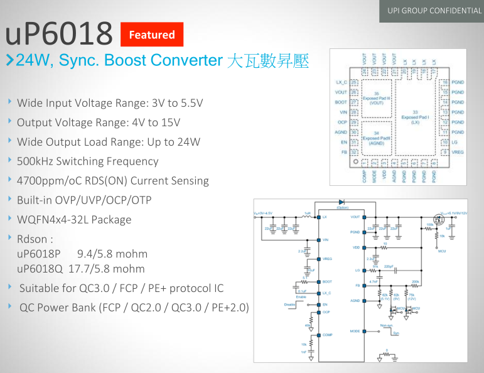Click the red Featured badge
(151, 35)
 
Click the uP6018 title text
(59, 35)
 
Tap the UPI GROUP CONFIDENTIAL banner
(434, 11)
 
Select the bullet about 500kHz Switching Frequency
(87, 161)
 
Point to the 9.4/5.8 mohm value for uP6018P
(112, 254)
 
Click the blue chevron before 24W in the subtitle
(10, 61)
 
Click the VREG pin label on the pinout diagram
(458, 153)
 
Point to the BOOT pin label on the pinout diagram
(341, 102)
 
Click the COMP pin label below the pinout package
(365, 177)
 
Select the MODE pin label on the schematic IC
(355, 331)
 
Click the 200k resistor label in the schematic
(415, 282)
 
